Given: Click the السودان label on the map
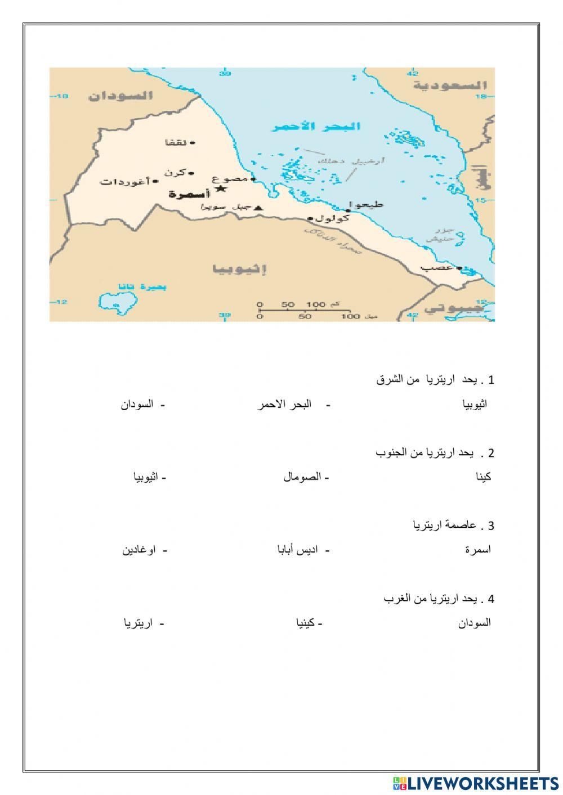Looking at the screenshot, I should [x=120, y=96].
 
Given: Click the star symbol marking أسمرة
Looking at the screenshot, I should [x=221, y=188].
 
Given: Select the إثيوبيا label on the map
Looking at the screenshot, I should [x=239, y=269].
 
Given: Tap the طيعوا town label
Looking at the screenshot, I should [x=367, y=204].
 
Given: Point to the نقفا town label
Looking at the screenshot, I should [x=176, y=142].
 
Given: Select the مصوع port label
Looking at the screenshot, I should [x=230, y=179].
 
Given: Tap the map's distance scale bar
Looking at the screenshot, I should [x=305, y=310].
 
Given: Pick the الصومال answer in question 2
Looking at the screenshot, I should [x=302, y=477].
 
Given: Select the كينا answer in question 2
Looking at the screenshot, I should [x=483, y=477].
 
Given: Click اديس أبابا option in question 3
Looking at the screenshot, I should [x=297, y=550].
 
